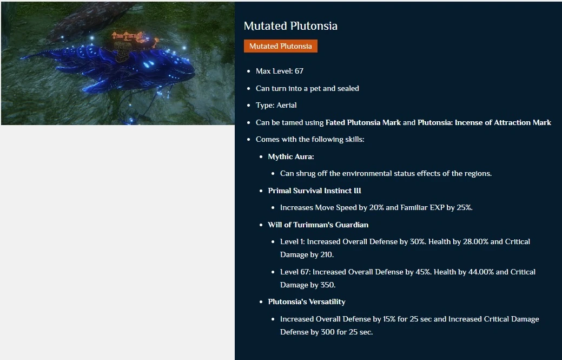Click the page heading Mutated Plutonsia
point(290,26)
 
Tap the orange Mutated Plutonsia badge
point(281,46)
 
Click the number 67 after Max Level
point(299,71)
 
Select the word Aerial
point(286,105)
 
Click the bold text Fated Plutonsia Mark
point(363,122)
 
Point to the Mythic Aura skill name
point(291,156)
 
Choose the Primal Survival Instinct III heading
point(315,191)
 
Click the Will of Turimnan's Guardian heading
point(318,225)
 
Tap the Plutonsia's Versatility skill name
point(307,302)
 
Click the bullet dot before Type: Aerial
point(249,106)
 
